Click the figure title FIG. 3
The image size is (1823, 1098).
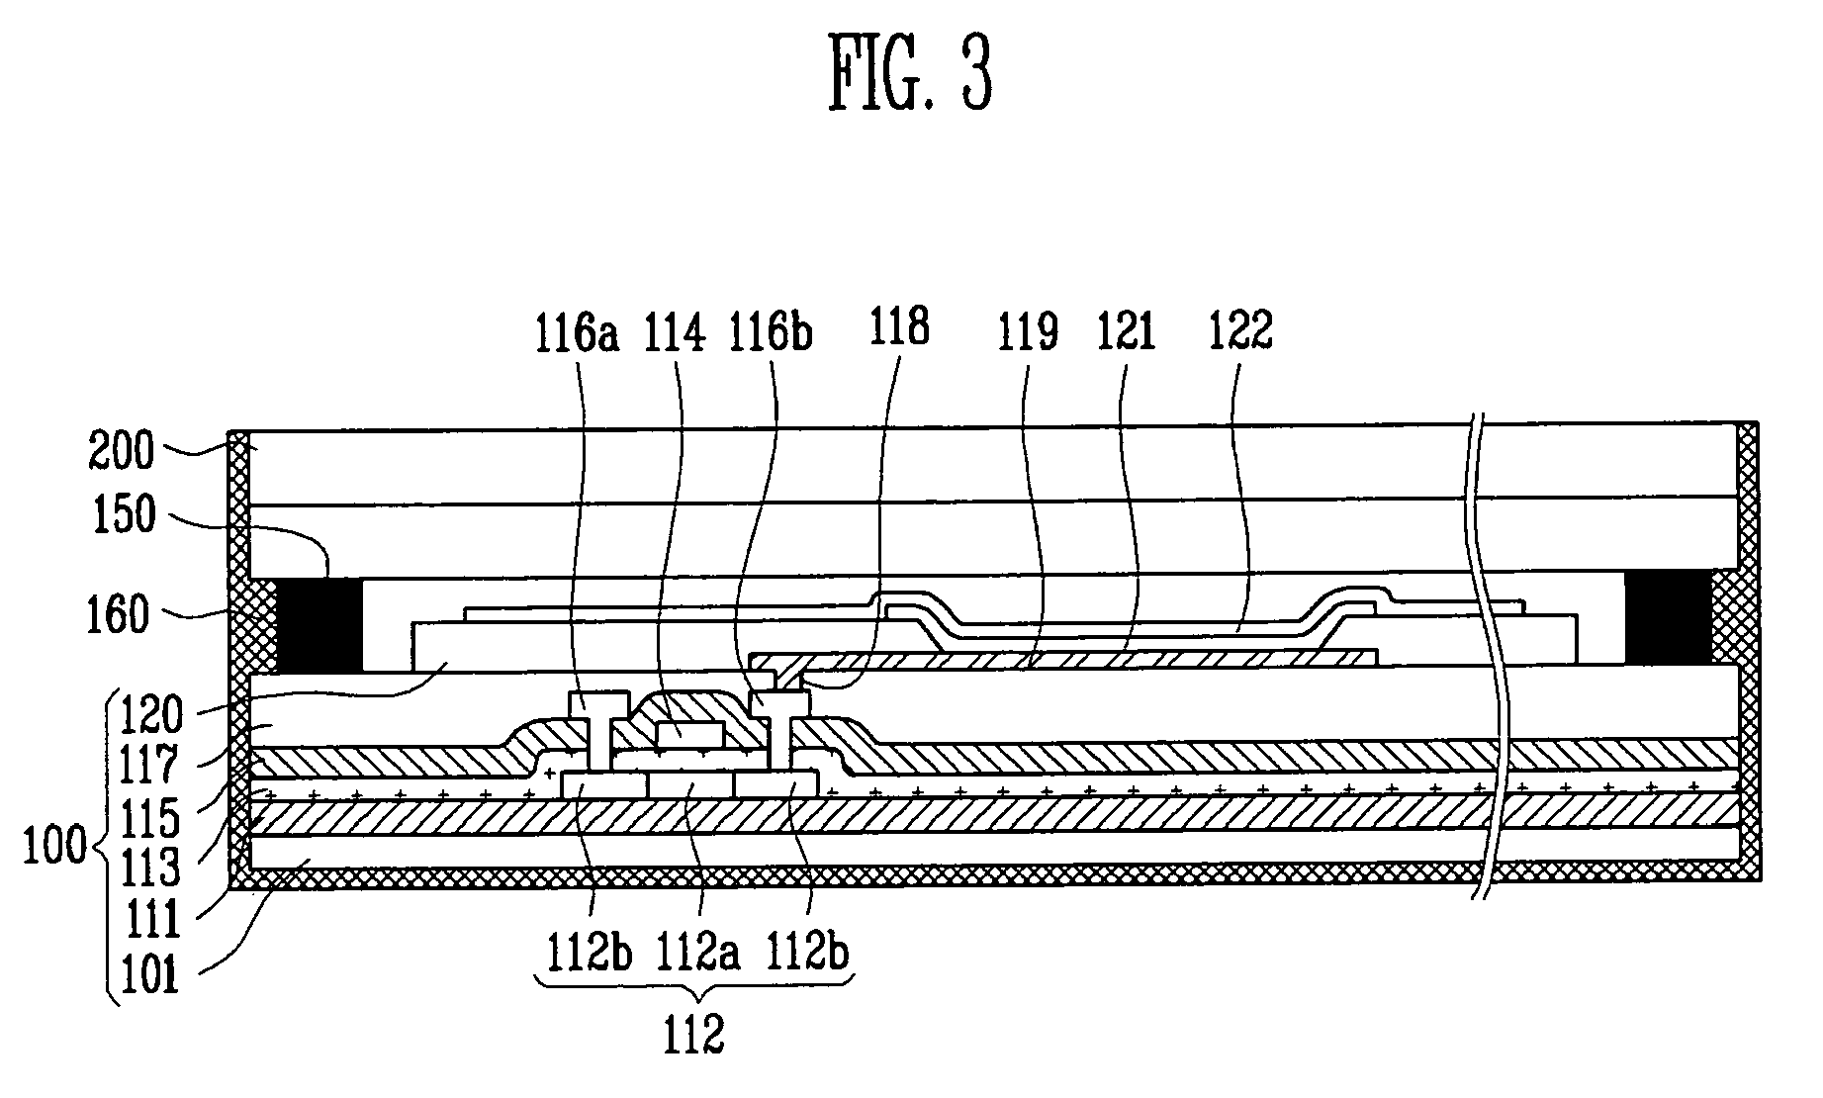(x=910, y=75)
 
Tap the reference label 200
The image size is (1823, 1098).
(x=122, y=451)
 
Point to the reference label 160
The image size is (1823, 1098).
(x=122, y=615)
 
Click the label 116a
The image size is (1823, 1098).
(x=577, y=334)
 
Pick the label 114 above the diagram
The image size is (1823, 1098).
(x=676, y=334)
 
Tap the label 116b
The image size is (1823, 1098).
(x=771, y=334)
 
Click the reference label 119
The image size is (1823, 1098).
(x=1029, y=334)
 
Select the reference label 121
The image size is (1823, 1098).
(x=1127, y=334)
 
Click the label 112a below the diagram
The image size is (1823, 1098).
(x=700, y=956)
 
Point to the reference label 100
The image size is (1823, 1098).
(x=57, y=849)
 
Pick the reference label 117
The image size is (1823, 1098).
(x=149, y=765)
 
